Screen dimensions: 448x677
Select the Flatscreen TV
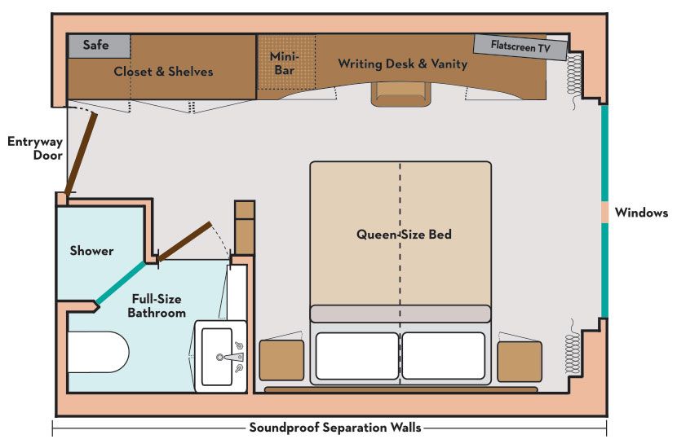coord(520,47)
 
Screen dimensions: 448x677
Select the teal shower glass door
coord(121,283)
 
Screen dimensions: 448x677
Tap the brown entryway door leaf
coord(81,154)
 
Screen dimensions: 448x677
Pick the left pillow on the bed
coord(356,355)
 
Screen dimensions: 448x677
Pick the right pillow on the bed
coord(446,355)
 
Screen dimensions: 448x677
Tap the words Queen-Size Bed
coord(404,235)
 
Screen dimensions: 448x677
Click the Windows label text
coord(641,213)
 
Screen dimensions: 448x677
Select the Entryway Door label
coord(35,147)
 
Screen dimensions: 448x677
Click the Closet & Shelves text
coord(163,72)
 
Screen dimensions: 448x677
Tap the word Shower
coord(91,251)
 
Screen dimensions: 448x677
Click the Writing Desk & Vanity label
coord(403,64)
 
